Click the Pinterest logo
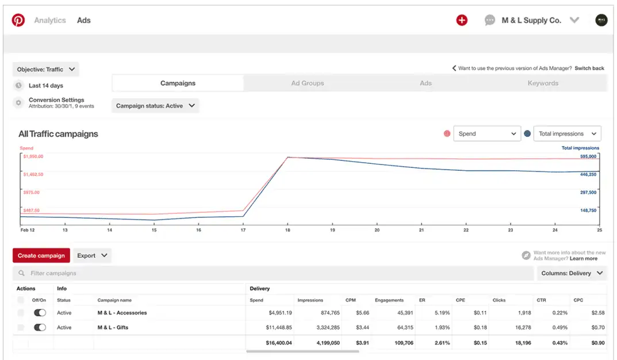[18, 20]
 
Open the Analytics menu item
[50, 20]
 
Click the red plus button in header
[462, 20]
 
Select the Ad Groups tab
[308, 83]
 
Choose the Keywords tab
[543, 83]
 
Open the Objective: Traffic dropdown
[46, 70]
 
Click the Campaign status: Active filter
[155, 106]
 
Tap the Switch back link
[589, 68]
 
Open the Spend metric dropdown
[487, 133]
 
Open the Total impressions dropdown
[567, 133]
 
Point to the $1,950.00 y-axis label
[33, 156]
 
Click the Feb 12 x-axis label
[28, 230]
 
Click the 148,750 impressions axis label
[588, 210]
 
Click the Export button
[92, 255]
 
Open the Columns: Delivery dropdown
[572, 273]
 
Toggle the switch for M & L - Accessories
[40, 313]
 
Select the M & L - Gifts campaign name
[113, 327]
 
